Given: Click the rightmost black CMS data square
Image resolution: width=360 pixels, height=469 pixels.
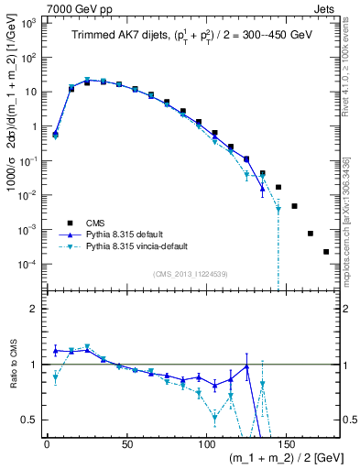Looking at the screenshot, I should coord(326,252).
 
